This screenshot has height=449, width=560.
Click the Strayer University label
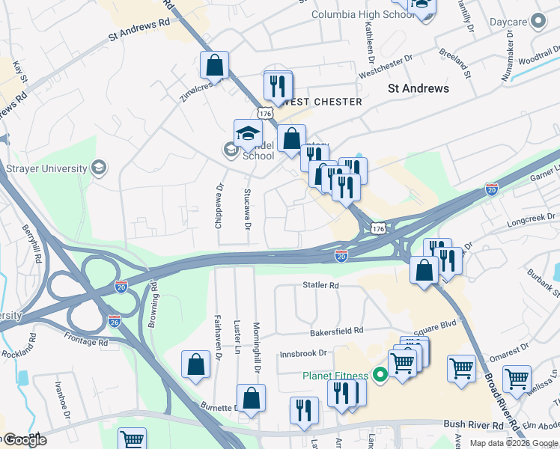[x=46, y=168]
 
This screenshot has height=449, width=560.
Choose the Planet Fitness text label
[x=335, y=376]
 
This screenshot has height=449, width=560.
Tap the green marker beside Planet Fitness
[x=380, y=375]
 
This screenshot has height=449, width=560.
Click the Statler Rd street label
[x=321, y=285]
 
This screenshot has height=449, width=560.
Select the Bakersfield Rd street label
[x=337, y=330]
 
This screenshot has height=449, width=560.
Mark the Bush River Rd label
[x=472, y=424]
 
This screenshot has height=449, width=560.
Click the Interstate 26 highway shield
[x=115, y=321]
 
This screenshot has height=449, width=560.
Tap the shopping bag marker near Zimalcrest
[x=214, y=65]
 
